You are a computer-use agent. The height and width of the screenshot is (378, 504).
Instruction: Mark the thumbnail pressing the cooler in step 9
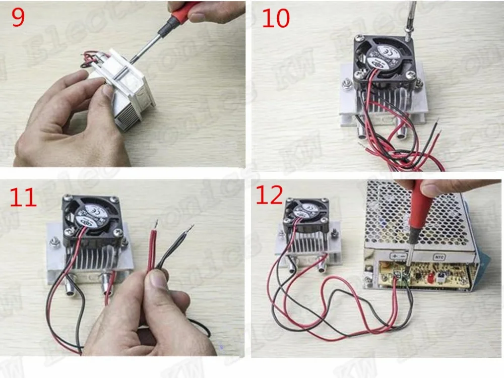pyautogui.click(x=107, y=90)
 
